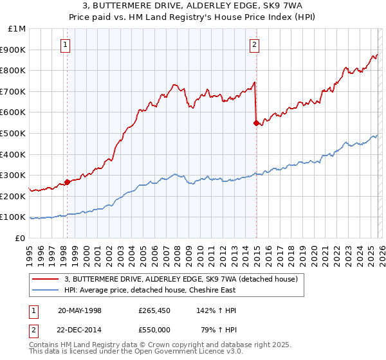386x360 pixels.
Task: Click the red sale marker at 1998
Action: (67, 182)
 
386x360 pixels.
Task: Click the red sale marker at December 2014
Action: (256, 122)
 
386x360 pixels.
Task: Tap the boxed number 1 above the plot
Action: (67, 44)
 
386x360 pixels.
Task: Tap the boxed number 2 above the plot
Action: (255, 44)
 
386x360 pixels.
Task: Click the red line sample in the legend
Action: (45, 280)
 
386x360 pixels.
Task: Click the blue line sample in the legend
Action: (45, 290)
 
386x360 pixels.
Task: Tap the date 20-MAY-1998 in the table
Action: (80, 310)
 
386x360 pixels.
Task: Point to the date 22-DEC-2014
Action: (80, 329)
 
